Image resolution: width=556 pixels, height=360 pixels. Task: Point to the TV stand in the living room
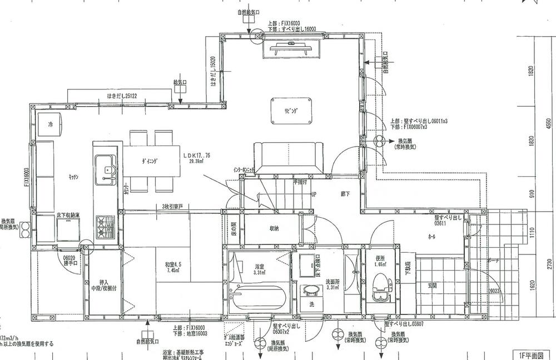(291, 49)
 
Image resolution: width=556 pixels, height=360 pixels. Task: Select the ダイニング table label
(149, 161)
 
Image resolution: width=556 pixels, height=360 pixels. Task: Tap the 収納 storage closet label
(274, 228)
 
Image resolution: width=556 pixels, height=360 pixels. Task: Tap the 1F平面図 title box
(531, 354)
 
